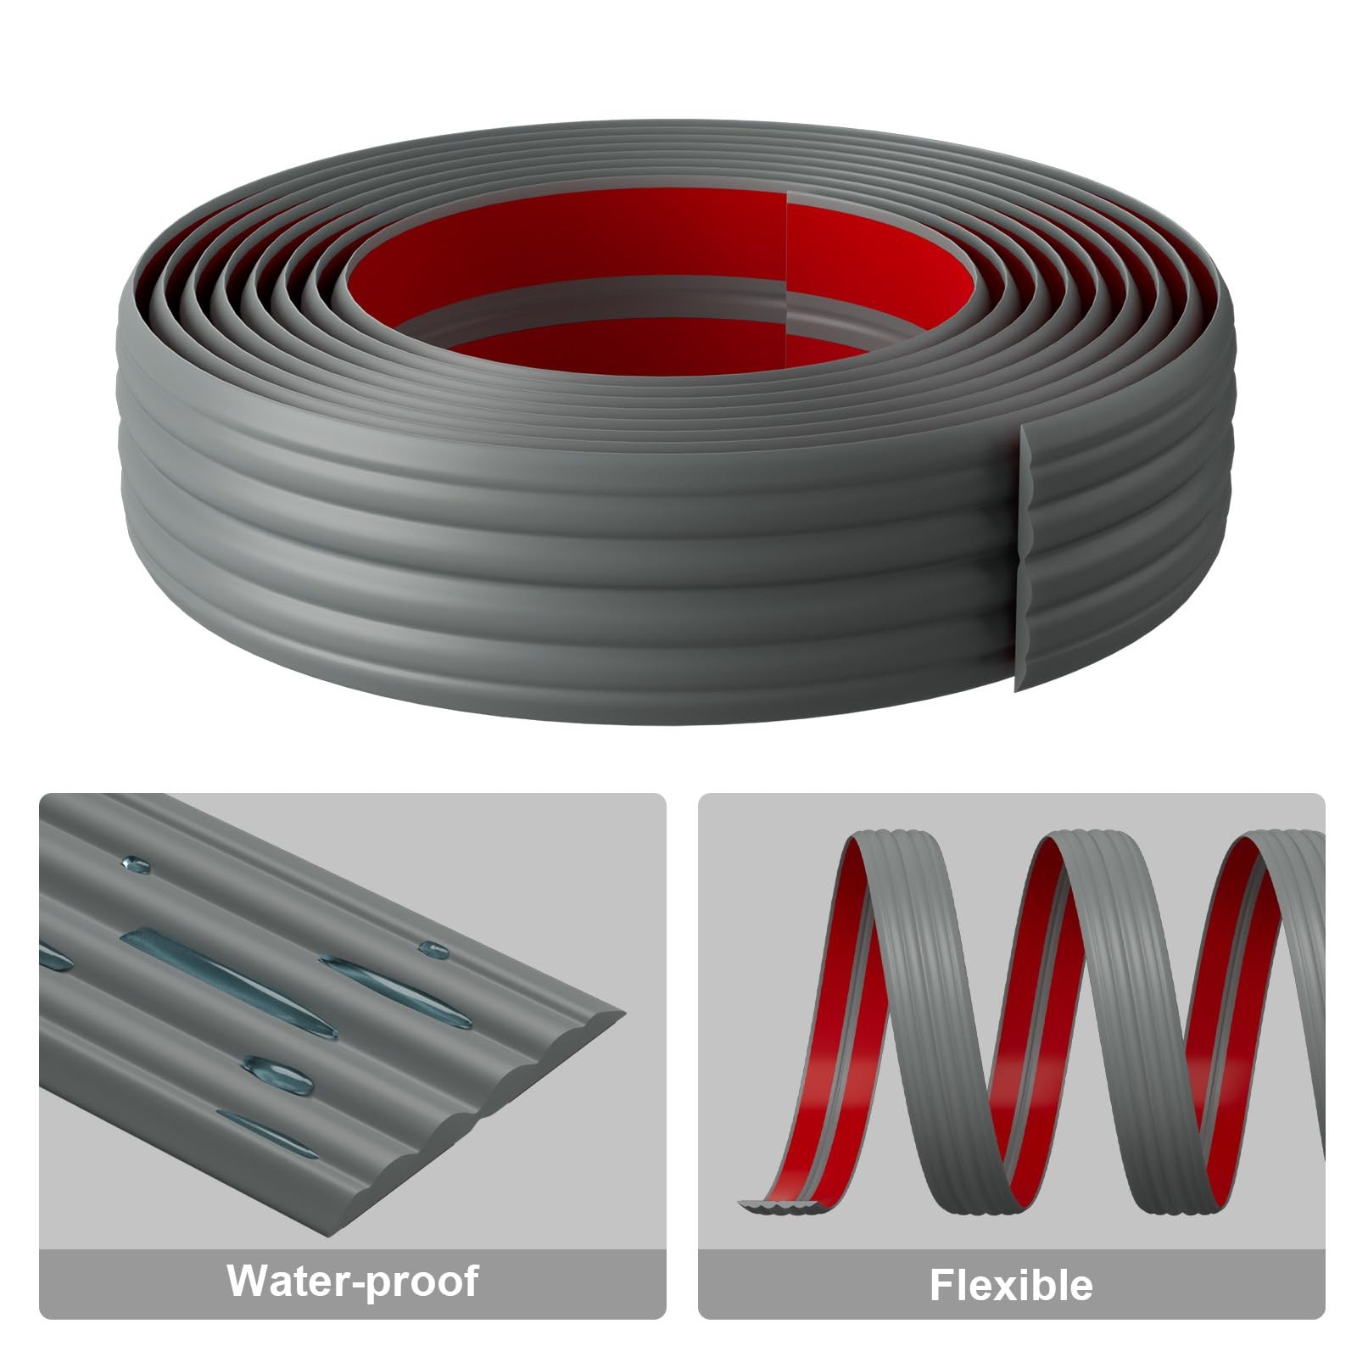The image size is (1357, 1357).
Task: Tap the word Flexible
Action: click(1011, 1284)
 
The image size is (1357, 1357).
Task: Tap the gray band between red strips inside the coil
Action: click(594, 297)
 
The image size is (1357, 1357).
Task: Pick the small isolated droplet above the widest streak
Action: click(136, 865)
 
